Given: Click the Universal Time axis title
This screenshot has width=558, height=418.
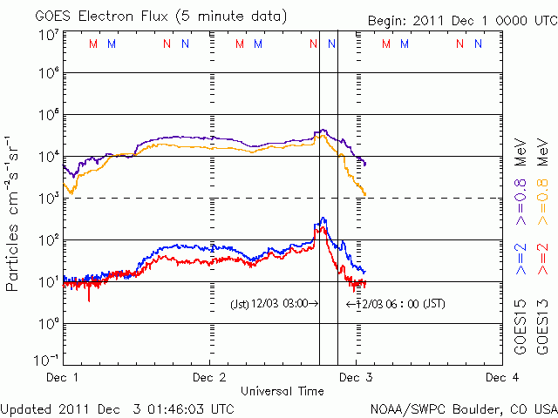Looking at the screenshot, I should (282, 391).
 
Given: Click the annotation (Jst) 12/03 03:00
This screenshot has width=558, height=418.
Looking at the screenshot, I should (273, 304).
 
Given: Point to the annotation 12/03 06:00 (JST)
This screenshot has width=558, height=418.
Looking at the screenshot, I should (396, 304).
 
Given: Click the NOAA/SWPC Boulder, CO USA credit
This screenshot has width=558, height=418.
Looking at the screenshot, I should (462, 408).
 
